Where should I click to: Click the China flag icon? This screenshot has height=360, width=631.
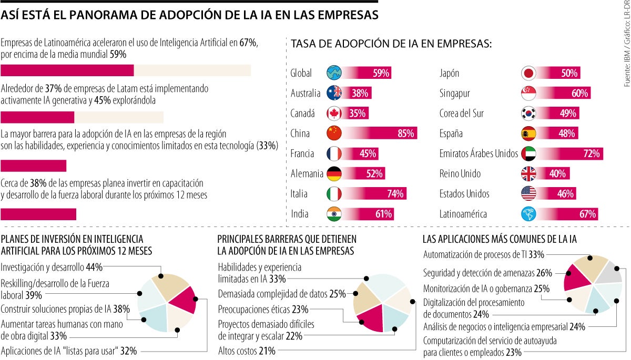pyautogui.click(x=334, y=133)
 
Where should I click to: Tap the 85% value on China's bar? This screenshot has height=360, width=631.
pyautogui.click(x=405, y=133)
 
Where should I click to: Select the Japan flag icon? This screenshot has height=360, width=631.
pyautogui.click(x=528, y=74)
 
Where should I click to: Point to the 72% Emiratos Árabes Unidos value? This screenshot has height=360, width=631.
pyautogui.click(x=591, y=154)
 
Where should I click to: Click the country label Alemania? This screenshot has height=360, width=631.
pyautogui.click(x=307, y=174)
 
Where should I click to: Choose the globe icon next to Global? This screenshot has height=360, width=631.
pyautogui.click(x=334, y=74)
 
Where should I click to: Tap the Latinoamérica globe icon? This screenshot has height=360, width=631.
pyautogui.click(x=528, y=214)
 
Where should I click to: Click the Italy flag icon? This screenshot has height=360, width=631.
pyautogui.click(x=334, y=194)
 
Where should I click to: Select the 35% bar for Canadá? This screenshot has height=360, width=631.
pyautogui.click(x=358, y=114)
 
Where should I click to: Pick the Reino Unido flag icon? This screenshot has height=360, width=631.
pyautogui.click(x=528, y=174)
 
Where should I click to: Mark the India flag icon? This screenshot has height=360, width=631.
pyautogui.click(x=334, y=214)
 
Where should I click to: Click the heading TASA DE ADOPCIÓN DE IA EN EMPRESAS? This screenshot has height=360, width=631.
pyautogui.click(x=391, y=45)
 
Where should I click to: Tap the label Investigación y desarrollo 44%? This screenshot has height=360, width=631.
pyautogui.click(x=51, y=267)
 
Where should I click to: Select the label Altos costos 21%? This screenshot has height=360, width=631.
pyautogui.click(x=247, y=351)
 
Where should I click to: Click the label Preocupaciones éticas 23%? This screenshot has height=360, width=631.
pyautogui.click(x=263, y=309)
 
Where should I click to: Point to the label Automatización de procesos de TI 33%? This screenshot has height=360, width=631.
pyautogui.click(x=484, y=254)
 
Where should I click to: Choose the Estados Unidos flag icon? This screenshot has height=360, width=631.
pyautogui.click(x=528, y=194)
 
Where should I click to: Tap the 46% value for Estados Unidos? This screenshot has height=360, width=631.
pyautogui.click(x=565, y=194)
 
